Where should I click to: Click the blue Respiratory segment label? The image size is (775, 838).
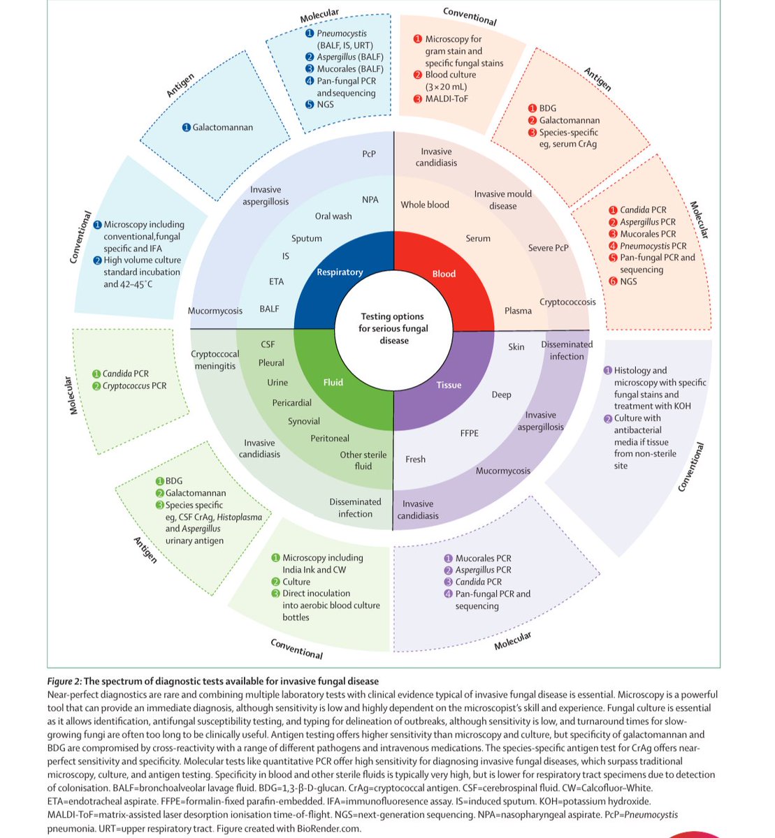(x=340, y=272)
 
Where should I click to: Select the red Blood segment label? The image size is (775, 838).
(x=444, y=274)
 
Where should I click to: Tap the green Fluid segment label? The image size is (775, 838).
(x=333, y=382)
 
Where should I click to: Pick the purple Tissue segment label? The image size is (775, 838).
(x=449, y=385)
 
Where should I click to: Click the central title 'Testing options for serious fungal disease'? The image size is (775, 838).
(x=393, y=328)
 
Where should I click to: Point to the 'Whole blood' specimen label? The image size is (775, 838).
(x=425, y=205)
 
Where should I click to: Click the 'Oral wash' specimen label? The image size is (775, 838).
(x=333, y=216)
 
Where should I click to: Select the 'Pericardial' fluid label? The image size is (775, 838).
(x=292, y=403)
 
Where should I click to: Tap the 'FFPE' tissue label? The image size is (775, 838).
(x=470, y=433)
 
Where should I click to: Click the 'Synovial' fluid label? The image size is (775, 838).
(x=304, y=422)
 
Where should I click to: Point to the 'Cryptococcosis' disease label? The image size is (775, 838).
(x=567, y=302)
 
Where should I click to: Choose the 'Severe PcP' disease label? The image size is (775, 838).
(x=549, y=248)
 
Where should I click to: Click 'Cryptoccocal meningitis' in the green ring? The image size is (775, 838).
(x=215, y=360)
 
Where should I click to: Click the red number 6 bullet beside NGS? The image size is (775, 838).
(x=613, y=281)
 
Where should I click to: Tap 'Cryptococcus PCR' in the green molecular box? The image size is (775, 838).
(x=134, y=385)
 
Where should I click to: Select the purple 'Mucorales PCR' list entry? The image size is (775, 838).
(x=483, y=558)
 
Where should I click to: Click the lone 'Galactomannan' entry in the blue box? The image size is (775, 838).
(x=223, y=128)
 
